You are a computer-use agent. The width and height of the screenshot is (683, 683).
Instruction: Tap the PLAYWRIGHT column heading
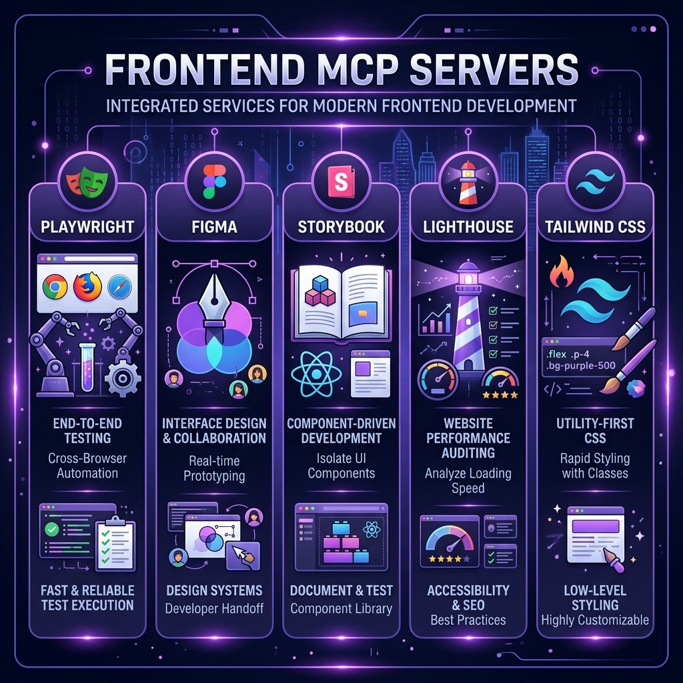point(87,227)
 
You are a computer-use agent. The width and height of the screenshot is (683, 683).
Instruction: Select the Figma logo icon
point(214,181)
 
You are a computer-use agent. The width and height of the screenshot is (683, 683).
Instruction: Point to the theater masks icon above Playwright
point(87,181)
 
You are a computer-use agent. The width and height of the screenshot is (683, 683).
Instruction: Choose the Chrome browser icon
point(55,287)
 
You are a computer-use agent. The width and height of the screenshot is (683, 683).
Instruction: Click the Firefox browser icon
point(87,287)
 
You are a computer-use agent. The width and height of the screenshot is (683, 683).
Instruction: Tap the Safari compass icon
point(119,287)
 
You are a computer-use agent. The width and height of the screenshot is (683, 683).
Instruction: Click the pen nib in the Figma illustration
point(214,300)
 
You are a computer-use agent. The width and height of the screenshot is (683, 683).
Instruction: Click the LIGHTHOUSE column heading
point(468,227)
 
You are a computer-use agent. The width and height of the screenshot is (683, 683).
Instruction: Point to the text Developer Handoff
point(214,608)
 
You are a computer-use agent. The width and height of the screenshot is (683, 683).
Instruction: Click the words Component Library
point(341,608)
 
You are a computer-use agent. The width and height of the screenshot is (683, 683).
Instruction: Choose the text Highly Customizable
point(594,620)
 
